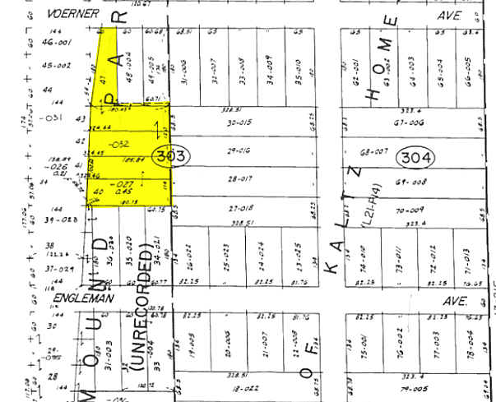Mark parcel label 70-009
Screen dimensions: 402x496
point(406,210)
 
